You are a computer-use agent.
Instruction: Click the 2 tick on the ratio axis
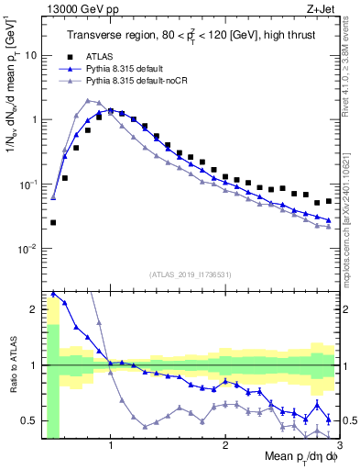click(x=35, y=309)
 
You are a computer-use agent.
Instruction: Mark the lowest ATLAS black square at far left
click(x=53, y=222)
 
